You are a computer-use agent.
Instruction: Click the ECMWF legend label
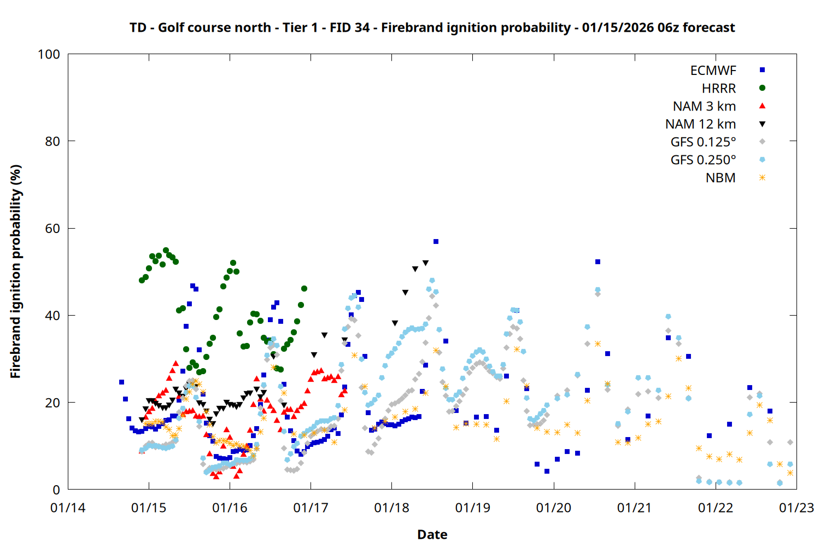pos(713,71)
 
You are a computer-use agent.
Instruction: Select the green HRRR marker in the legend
pos(762,88)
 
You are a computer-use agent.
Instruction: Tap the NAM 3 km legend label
pos(704,106)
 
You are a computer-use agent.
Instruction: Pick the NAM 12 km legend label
pos(700,124)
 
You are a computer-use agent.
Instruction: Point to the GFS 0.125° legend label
pos(703,142)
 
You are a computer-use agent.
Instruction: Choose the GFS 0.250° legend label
pos(703,160)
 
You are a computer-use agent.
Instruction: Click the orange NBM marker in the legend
pos(762,178)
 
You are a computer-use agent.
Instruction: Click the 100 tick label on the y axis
pos(49,54)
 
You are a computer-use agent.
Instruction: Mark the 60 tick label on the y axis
pos(52,229)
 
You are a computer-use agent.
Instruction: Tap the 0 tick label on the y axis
pos(56,490)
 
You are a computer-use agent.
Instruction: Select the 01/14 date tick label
pos(68,508)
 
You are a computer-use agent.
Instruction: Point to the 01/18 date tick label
pos(391,508)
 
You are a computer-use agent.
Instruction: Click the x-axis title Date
pos(432,534)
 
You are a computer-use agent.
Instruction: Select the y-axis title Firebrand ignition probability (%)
pos(16,271)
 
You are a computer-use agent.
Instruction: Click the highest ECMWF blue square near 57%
pos(436,241)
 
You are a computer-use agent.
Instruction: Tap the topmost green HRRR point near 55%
pos(166,251)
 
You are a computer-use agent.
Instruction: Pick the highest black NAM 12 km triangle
pos(425,263)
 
